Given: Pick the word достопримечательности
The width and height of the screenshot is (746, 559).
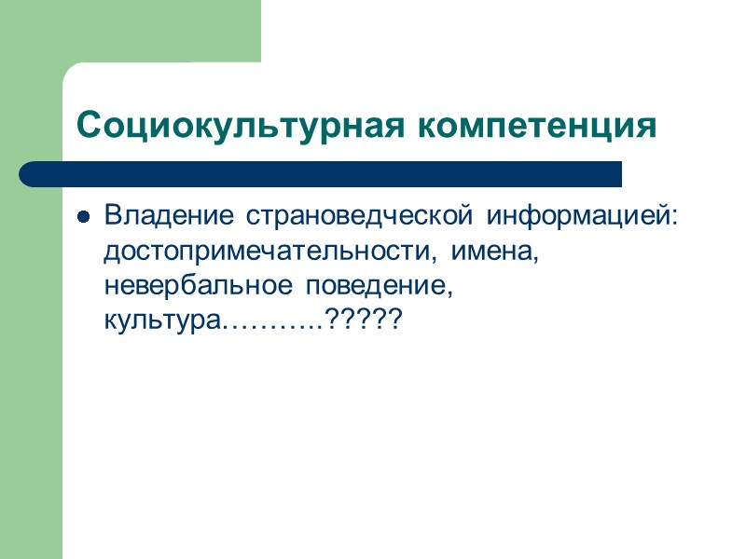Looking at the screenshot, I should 271,252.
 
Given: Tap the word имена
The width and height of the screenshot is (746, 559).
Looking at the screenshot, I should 490,252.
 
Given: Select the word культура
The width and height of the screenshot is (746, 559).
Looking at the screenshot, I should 164,322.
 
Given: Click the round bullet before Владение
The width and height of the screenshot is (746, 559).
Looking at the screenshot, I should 83,218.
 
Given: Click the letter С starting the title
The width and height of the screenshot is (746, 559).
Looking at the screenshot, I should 86,125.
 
